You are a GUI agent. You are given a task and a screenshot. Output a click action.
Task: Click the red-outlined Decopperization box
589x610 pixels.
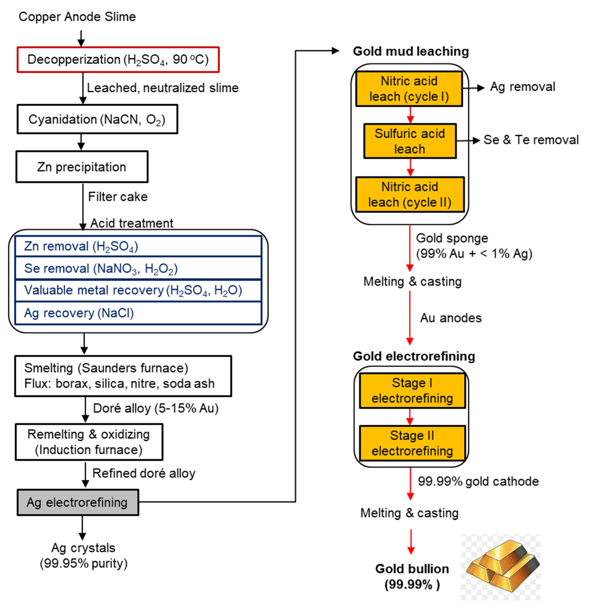point(118,59)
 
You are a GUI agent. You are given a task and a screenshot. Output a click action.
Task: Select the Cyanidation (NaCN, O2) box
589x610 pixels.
point(97,119)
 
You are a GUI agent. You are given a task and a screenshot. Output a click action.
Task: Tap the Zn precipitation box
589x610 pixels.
point(82,167)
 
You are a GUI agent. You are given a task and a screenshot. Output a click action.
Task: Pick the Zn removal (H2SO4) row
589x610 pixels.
point(138,246)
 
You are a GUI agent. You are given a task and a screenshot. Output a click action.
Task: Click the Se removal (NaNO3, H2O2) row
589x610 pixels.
point(138,268)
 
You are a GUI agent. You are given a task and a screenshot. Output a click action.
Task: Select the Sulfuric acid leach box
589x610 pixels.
point(410,141)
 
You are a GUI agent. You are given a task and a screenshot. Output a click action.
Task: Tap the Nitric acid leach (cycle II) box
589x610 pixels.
point(410,195)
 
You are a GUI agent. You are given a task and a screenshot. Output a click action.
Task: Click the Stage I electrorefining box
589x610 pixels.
point(412,391)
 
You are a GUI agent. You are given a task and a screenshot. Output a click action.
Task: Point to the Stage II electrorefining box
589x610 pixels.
point(412,443)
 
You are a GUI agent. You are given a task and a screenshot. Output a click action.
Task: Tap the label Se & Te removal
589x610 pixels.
point(531,140)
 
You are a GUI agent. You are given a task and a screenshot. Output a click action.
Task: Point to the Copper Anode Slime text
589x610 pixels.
point(77,16)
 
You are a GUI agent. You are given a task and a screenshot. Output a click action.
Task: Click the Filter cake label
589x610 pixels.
point(117,197)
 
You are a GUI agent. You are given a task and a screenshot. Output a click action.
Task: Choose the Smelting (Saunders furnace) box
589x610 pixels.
point(123,376)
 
